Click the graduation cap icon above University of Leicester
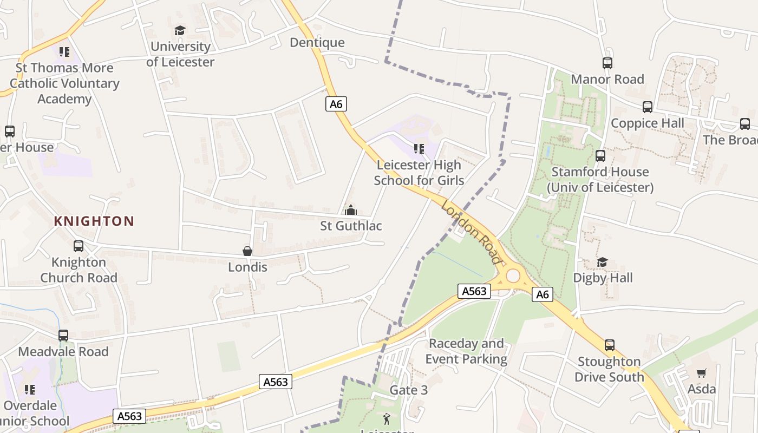coord(180,31)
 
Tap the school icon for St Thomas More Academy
coord(64,52)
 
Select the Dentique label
coord(317,43)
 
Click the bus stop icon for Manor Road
coord(607,63)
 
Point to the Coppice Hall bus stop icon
coord(647,107)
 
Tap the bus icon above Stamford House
coord(600,156)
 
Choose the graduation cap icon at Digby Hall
coord(602,263)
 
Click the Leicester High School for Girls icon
coord(419,148)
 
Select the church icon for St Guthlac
coord(351,209)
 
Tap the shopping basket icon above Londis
coord(247,251)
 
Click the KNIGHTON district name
coord(94,221)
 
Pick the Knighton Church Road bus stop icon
coord(79,246)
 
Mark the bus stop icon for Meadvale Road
coord(63,336)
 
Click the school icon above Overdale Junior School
coord(30,390)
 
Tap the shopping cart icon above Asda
coord(702,373)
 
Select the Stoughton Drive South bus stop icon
coord(610,345)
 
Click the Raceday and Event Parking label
coord(466,351)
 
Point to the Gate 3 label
coord(409,390)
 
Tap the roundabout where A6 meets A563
coord(513,276)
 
